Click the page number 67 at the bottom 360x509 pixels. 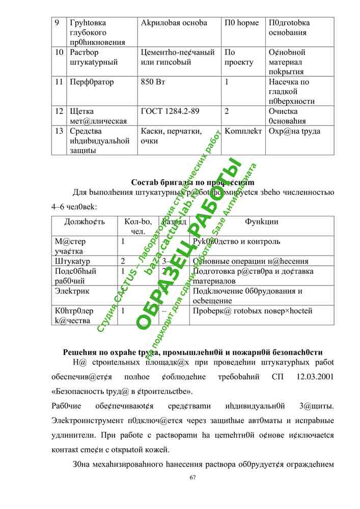(192, 477)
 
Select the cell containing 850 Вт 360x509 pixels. (153, 82)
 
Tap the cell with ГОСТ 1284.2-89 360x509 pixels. (170, 111)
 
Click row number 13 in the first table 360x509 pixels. (59, 131)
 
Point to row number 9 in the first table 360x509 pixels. (57, 23)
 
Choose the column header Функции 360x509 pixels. (261, 222)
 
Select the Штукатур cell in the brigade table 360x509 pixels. (72, 262)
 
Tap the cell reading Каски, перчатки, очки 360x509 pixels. (171, 136)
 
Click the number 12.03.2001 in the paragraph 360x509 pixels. (315, 377)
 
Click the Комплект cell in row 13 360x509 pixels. (243, 131)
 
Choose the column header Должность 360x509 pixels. (85, 222)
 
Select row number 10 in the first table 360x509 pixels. (59, 52)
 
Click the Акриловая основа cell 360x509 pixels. (174, 23)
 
